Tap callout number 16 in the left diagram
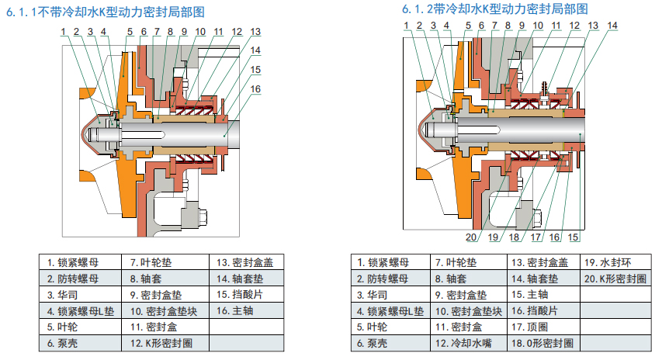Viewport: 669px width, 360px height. (x=255, y=88)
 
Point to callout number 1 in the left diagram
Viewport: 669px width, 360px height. (x=63, y=32)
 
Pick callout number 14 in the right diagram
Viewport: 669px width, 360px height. (x=612, y=26)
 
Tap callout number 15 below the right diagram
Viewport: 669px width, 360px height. (x=574, y=237)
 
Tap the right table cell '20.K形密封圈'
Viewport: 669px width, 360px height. (x=618, y=279)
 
